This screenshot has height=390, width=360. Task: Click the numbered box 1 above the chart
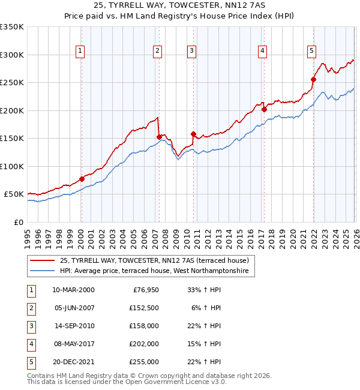80,52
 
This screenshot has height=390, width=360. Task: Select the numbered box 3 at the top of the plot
191,52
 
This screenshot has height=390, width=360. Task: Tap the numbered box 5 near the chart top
311,52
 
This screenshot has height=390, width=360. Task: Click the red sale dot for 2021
313,79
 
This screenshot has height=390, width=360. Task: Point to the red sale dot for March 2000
82,179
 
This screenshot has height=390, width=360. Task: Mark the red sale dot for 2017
264,109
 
